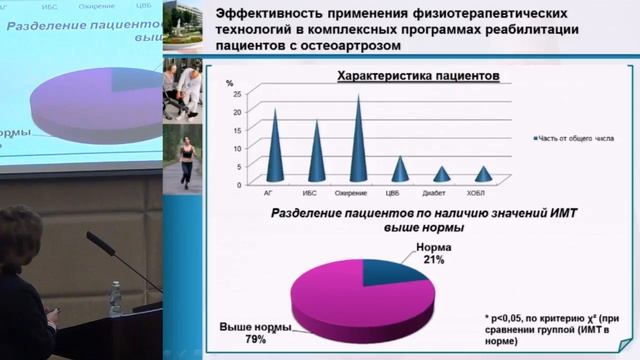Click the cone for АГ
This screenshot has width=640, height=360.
(x=275, y=150)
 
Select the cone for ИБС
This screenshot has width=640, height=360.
(x=317, y=155)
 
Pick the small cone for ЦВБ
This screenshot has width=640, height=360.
(x=400, y=171)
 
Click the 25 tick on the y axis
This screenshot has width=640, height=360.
(x=237, y=93)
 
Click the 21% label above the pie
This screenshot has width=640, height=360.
(x=432, y=259)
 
